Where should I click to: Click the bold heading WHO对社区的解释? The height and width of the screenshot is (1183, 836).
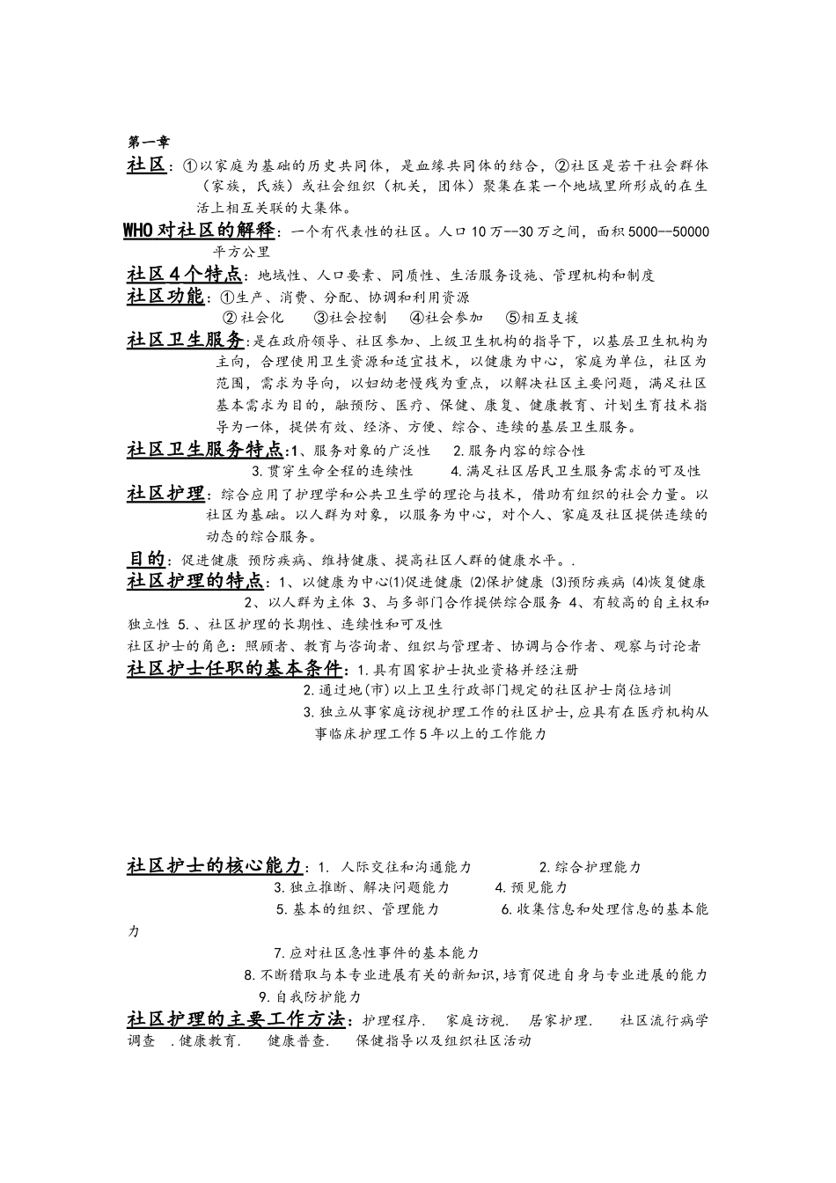pos(199,231)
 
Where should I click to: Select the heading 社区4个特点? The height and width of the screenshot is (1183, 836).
pos(183,274)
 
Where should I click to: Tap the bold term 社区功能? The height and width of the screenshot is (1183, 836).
pos(165,296)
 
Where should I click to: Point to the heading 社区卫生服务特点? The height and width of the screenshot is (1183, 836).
pos(205,450)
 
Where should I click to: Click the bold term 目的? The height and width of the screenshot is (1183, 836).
pos(147,559)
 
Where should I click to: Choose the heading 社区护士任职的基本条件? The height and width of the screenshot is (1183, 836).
pos(238,668)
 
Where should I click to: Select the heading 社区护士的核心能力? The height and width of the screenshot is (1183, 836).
pos(215,866)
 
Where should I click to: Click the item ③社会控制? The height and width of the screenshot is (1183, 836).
pos(350,318)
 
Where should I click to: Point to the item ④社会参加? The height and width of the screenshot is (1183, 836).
pos(446,318)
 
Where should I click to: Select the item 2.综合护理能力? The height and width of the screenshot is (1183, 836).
pos(590,867)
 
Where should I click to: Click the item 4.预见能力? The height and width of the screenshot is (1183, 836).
pos(531,887)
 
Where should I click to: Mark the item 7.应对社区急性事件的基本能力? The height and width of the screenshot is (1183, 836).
pos(377,952)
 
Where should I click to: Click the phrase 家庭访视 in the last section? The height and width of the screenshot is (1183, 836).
pos(477,1020)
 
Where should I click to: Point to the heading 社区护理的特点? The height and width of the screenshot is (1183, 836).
pos(195,581)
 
